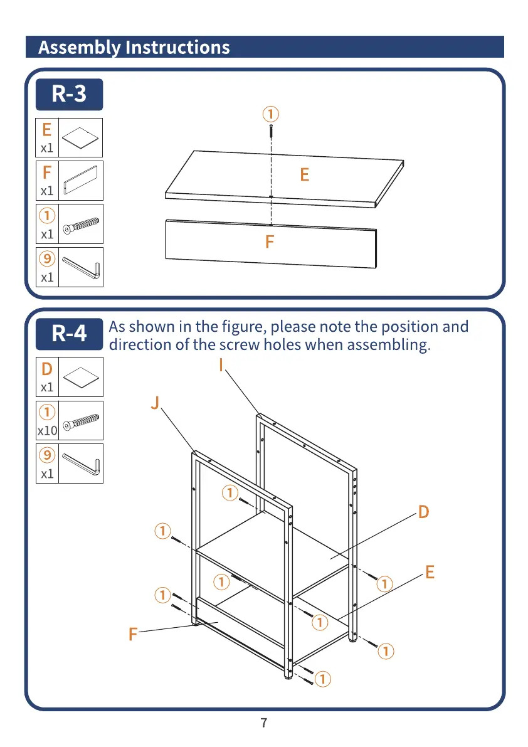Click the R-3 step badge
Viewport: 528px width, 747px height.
[69, 94]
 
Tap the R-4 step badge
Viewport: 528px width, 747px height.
[69, 333]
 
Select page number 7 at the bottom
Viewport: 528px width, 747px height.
[264, 723]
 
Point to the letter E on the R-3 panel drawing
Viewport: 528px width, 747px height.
[305, 174]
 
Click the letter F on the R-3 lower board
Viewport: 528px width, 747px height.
[270, 241]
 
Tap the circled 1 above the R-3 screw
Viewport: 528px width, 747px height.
[270, 114]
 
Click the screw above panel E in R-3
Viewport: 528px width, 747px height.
[270, 132]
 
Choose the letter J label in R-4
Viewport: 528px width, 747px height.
[155, 403]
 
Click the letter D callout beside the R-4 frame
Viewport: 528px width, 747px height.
[424, 512]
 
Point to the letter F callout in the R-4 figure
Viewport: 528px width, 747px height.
[132, 635]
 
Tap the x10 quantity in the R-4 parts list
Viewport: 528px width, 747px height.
[47, 431]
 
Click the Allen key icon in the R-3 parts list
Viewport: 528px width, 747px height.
[80, 267]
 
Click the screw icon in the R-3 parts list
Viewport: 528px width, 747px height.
[80, 224]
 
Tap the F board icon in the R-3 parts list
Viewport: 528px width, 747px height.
[80, 181]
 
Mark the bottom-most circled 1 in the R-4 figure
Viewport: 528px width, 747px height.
[323, 678]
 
